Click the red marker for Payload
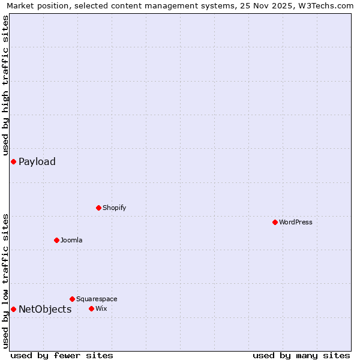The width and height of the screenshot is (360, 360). [x=13, y=161]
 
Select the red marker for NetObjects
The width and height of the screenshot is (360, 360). [x=13, y=309]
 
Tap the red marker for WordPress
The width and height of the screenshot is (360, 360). [x=275, y=222]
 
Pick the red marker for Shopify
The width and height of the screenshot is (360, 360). [x=98, y=208]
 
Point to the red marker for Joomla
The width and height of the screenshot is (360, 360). [x=56, y=240]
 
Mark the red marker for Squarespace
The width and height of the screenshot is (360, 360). [x=72, y=299]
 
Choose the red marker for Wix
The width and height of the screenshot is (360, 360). [x=91, y=308]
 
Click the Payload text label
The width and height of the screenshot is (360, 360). [x=37, y=161]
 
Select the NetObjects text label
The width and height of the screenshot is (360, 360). [x=45, y=309]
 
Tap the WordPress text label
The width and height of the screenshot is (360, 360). [x=296, y=222]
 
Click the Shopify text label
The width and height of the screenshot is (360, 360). [x=115, y=208]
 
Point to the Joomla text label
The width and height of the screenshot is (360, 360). [x=71, y=240]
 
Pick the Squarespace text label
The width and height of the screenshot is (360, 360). [x=97, y=299]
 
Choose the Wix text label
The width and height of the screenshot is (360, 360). [x=101, y=308]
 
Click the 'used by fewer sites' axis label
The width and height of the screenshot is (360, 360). [x=62, y=355]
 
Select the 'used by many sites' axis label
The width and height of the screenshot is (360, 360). [x=301, y=355]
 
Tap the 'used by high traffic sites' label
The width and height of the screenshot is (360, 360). [x=5, y=85]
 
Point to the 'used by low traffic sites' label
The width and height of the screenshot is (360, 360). [x=5, y=281]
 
